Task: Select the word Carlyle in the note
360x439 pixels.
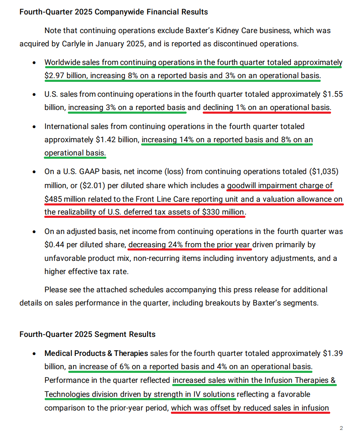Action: [x=64, y=43]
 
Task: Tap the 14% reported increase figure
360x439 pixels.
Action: [x=185, y=140]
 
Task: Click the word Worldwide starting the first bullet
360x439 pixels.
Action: [x=62, y=62]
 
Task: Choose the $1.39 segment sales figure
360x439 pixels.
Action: [x=333, y=353]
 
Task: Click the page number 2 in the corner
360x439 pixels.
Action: [x=341, y=428]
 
